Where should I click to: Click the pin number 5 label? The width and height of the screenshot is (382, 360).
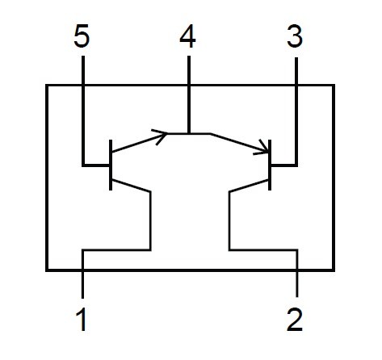(82, 36)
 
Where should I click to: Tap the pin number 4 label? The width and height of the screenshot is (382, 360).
(187, 36)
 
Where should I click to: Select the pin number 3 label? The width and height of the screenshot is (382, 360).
(295, 36)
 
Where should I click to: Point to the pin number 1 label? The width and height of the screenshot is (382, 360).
(82, 320)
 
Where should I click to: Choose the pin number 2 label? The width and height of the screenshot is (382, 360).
(295, 320)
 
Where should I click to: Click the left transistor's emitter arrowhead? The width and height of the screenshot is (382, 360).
(161, 136)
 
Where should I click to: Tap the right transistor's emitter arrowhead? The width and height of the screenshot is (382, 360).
(262, 149)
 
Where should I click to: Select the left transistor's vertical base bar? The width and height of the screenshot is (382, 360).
(111, 165)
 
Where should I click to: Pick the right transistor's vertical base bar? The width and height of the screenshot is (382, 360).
(270, 165)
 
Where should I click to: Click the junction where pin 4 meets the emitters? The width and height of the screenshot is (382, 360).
(189, 133)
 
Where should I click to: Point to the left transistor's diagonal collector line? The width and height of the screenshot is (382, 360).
(131, 186)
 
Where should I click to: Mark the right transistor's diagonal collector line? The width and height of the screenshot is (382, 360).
(250, 186)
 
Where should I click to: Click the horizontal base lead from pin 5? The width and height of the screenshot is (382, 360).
(96, 165)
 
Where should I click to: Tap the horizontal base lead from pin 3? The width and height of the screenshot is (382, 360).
(284, 165)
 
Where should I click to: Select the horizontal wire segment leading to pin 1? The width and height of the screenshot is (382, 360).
(116, 250)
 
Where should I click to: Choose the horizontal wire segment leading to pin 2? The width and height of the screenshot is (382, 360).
(263, 250)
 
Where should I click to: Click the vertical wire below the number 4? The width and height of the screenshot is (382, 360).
(189, 94)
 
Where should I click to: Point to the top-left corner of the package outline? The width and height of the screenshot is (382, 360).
(47, 86)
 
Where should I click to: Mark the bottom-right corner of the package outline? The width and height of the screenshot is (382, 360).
(334, 270)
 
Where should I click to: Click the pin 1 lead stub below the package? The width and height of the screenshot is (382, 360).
(82, 285)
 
